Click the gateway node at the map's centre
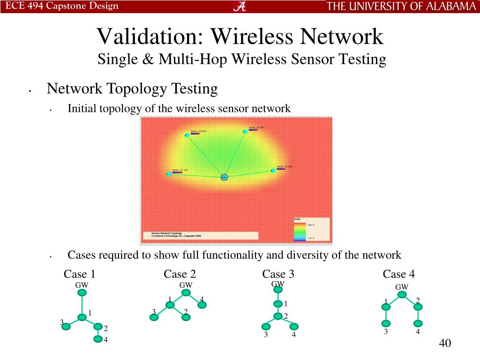(x=224, y=177)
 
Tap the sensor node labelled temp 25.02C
(x=187, y=135)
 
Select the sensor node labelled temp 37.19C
(x=169, y=174)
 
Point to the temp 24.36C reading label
(x=285, y=166)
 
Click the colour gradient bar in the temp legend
(x=299, y=231)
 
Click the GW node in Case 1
(x=82, y=293)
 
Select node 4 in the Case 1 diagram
(x=97, y=339)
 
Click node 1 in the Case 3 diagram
(x=278, y=304)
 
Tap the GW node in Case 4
(x=402, y=295)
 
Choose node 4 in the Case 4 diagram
(x=418, y=323)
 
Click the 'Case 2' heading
(x=180, y=274)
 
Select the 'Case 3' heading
(x=278, y=274)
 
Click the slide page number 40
(x=445, y=343)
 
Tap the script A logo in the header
(x=240, y=6)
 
